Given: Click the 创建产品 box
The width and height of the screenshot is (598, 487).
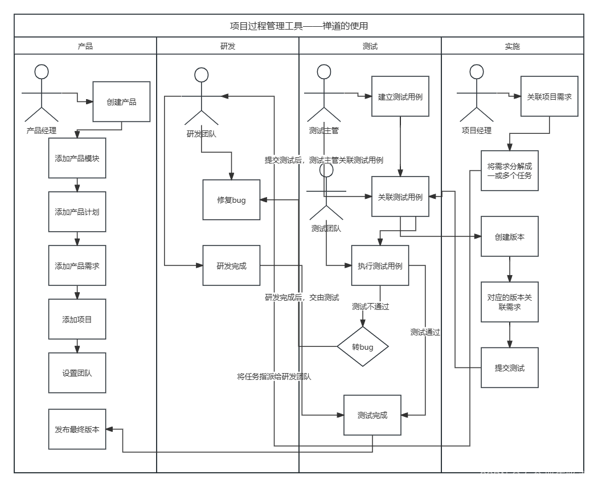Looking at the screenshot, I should point(121,102).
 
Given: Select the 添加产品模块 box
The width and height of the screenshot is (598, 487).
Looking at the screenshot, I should point(77,158).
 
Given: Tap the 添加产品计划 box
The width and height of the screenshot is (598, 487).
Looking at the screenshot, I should point(77,212).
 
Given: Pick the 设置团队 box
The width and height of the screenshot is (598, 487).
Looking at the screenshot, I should point(77,374).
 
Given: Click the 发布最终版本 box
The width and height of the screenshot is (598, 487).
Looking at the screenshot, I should point(77,429).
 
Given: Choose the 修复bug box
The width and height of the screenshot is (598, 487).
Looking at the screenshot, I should point(231,200).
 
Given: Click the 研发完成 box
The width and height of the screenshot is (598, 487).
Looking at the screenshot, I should point(231,266).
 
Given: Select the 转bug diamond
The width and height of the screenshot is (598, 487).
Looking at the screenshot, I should point(363,346).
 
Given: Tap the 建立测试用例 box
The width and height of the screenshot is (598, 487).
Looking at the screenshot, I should point(400,97).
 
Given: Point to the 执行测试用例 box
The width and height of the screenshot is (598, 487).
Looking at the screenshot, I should point(380,266).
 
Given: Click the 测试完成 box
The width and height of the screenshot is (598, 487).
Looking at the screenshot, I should point(372,415).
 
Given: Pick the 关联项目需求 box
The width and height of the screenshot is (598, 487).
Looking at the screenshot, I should point(550,97).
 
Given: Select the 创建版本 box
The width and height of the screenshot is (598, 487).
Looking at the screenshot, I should point(510,236).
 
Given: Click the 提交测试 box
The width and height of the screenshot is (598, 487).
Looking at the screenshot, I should point(510,368).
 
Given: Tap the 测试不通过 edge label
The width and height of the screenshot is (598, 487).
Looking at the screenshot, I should point(370,306).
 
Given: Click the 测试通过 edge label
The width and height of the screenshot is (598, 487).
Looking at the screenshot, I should point(425,332).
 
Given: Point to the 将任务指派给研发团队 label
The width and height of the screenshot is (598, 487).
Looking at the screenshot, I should point(274,376).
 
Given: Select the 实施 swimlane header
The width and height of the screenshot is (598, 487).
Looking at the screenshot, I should point(512,46).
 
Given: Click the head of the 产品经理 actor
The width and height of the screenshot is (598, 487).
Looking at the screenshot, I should point(42,72).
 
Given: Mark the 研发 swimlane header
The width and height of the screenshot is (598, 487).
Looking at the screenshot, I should point(227,46).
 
